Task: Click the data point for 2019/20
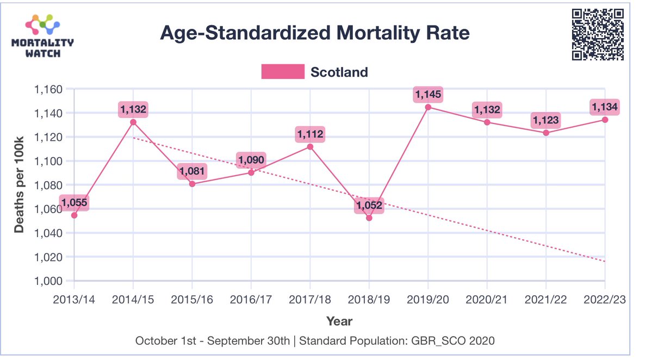tap(428, 107)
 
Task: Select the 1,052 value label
tap(369, 206)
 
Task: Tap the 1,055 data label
tap(74, 203)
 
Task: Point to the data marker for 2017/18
tap(310, 147)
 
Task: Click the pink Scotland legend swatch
tap(283, 72)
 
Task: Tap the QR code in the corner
tap(597, 34)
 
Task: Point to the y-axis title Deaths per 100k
tap(20, 185)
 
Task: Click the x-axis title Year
tap(339, 321)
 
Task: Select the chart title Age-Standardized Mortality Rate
tap(314, 34)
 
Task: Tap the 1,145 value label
tap(428, 95)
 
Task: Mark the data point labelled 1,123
tap(546, 133)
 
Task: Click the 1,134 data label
tap(605, 108)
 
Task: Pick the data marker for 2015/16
tap(192, 184)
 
